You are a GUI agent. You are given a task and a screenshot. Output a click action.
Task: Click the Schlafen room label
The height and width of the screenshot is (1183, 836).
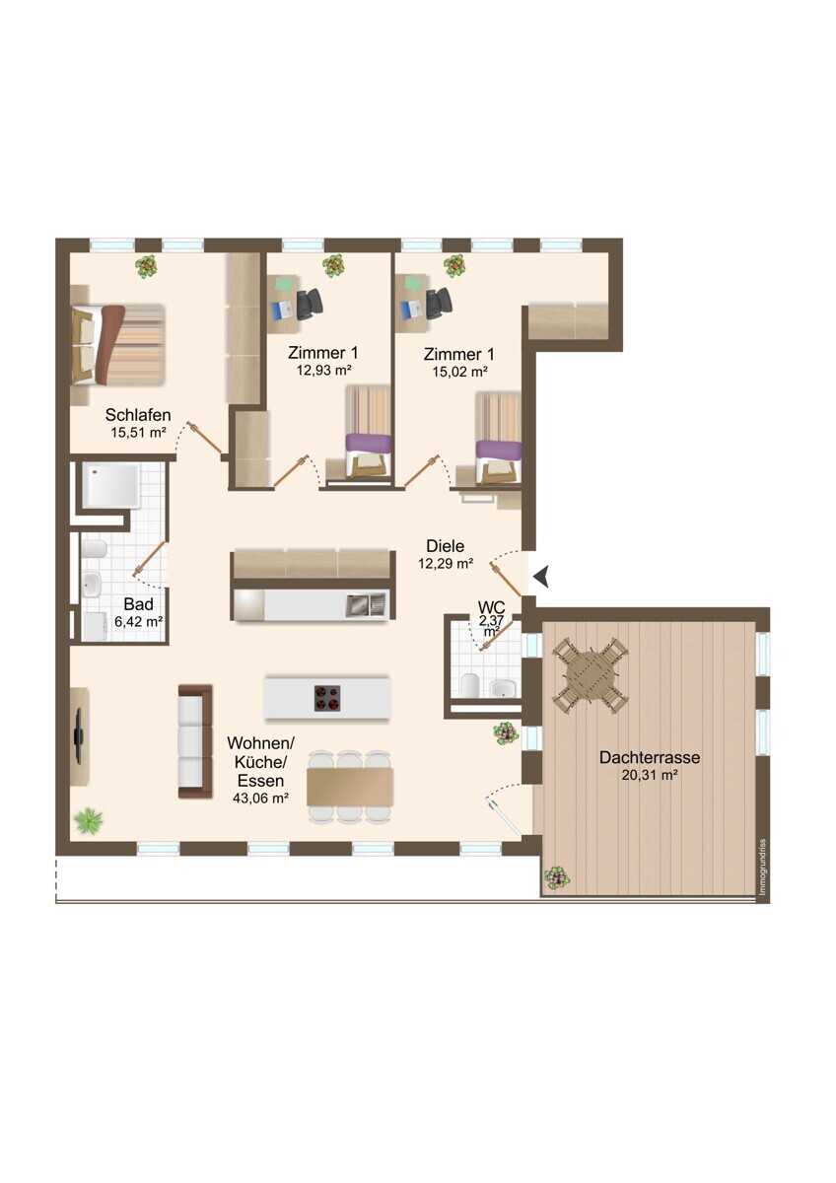(138, 415)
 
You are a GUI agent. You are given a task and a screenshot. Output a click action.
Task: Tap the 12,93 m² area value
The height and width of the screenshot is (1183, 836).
(324, 370)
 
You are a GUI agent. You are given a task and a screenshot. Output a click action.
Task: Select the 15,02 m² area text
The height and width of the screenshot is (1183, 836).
(459, 372)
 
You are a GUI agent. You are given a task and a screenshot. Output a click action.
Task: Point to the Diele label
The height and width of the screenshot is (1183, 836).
(446, 545)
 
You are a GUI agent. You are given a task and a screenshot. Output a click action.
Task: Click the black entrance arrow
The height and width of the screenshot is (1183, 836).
(541, 576)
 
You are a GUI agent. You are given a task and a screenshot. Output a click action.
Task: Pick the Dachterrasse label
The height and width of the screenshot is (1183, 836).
(649, 757)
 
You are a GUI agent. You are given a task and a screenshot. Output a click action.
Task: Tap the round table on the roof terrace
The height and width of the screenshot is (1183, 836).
(591, 675)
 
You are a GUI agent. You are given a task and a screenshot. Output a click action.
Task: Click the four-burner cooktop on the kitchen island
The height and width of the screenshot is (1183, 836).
(327, 698)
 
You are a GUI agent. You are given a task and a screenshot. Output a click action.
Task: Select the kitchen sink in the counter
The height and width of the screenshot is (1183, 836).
(366, 604)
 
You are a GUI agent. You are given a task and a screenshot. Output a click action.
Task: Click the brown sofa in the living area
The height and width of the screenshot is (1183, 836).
(195, 741)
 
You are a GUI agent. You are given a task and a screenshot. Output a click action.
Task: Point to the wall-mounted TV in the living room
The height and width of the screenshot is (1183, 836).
(79, 735)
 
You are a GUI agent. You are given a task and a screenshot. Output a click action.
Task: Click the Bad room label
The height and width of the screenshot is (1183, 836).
(138, 603)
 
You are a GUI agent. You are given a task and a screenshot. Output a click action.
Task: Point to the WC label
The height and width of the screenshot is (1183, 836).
(491, 607)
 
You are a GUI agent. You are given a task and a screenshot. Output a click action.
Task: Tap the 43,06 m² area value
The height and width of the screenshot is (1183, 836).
(260, 798)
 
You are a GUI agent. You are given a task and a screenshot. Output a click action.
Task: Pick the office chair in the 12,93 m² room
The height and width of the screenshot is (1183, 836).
(310, 305)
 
